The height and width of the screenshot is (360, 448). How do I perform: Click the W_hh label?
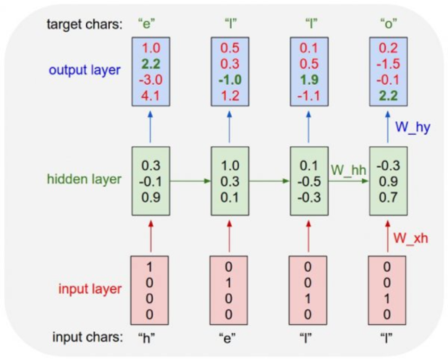click(349, 170)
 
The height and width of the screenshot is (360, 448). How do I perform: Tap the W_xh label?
click(411, 238)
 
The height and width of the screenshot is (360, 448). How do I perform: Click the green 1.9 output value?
click(309, 79)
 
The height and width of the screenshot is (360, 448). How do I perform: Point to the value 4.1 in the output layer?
click(151, 96)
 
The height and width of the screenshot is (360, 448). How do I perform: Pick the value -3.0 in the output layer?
click(151, 79)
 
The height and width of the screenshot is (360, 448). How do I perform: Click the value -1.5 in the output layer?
click(388, 64)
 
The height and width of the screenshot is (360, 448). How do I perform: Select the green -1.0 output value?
click(230, 79)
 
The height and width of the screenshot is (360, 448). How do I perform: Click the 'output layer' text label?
click(85, 70)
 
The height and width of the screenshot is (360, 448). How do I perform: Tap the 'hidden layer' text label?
click(84, 180)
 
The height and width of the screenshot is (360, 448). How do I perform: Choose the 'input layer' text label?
click(90, 289)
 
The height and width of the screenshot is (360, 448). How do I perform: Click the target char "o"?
click(389, 24)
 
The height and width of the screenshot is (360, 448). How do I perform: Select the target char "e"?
click(146, 24)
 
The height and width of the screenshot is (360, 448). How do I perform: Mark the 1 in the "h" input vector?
click(149, 267)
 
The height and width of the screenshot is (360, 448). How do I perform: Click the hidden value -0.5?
click(309, 181)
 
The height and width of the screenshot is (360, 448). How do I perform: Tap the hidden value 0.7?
click(388, 197)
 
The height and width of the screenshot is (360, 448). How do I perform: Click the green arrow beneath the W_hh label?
click(349, 181)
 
